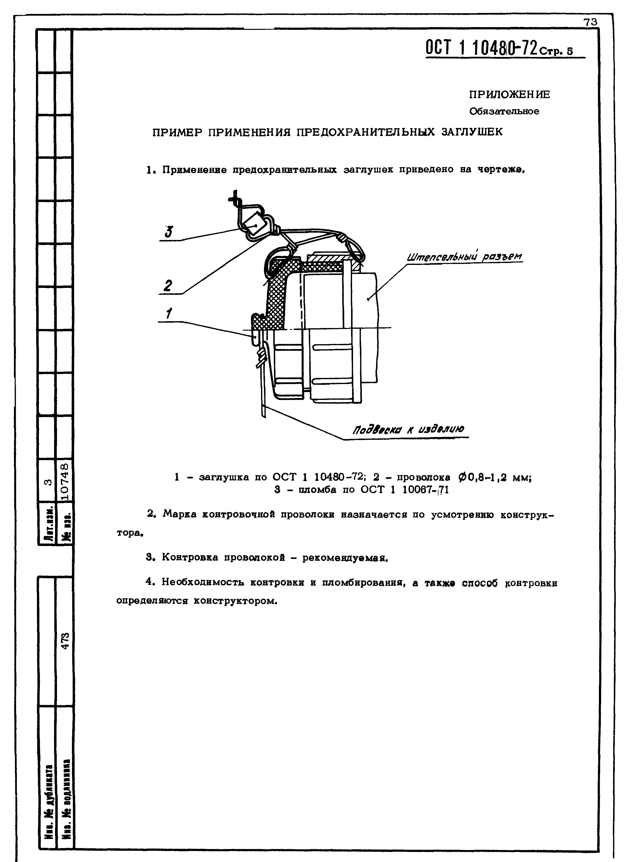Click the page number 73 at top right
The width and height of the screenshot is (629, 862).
[591, 23]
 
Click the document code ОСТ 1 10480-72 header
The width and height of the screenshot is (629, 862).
[482, 48]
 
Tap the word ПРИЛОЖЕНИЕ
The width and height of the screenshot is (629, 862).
[509, 94]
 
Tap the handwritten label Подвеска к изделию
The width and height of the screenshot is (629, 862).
[409, 430]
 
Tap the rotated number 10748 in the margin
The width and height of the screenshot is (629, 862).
[65, 481]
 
